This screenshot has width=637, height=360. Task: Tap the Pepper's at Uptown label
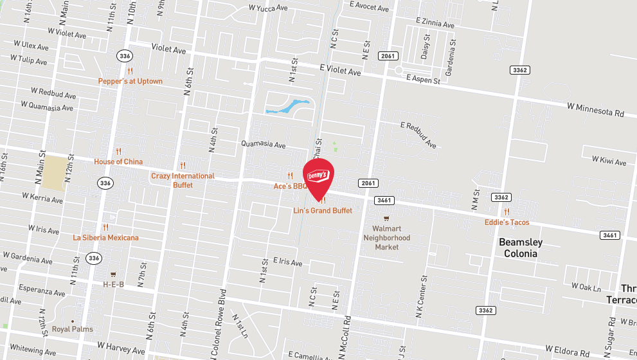(x=130, y=81)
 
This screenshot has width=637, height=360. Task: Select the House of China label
(x=118, y=161)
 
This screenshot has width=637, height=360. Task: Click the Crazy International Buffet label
(x=183, y=180)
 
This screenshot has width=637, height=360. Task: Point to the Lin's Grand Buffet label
(x=323, y=210)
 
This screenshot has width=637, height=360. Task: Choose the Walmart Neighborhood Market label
(x=391, y=237)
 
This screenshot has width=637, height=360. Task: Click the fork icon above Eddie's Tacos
(x=507, y=212)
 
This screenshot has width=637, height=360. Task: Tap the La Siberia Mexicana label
(x=105, y=237)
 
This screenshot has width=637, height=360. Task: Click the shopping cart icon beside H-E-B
(x=113, y=273)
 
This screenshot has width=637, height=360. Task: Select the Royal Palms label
(x=73, y=329)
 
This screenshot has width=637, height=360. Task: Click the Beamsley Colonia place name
(x=521, y=248)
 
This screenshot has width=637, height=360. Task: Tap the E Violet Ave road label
(x=340, y=69)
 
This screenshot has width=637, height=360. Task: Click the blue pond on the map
(x=287, y=106)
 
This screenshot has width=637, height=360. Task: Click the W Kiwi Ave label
(x=609, y=161)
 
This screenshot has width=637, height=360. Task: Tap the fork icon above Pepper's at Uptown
(x=130, y=71)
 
